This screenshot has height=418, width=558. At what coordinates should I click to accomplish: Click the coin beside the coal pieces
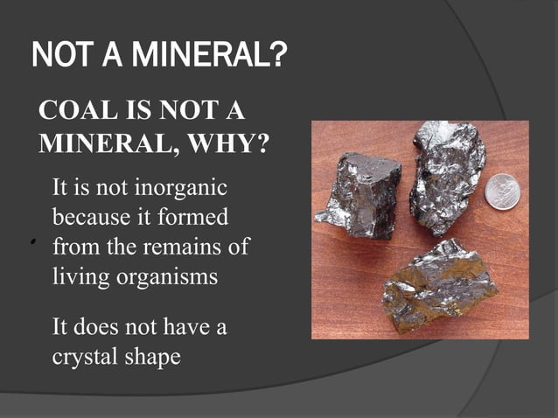click(x=503, y=192)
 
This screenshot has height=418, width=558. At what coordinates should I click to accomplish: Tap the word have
click(x=184, y=329)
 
